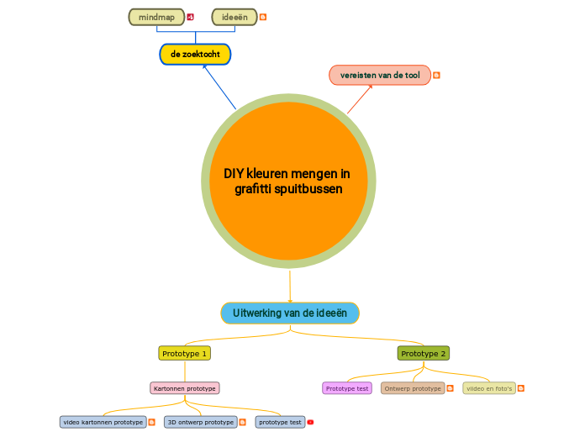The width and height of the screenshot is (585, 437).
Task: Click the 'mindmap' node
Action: [156, 17]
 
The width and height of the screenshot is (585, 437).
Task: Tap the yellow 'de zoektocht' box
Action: [195, 54]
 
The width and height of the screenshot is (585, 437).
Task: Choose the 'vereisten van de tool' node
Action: [380, 75]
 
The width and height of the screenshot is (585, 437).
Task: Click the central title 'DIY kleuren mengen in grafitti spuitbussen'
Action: [288, 182]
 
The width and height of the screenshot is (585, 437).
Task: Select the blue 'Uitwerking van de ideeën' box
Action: [290, 313]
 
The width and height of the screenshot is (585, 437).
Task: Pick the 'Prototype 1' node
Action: [184, 354]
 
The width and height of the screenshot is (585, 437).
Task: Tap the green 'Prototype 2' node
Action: [424, 354]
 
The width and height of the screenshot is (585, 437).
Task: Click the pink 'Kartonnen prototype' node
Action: [184, 388]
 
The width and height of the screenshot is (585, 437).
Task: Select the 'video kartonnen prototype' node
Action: [103, 422]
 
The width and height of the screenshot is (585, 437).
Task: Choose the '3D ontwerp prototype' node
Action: [200, 422]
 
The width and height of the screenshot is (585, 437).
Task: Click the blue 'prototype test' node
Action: [280, 422]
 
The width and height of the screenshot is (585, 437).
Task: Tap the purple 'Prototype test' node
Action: [347, 388]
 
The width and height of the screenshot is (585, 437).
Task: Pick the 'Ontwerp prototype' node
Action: [413, 388]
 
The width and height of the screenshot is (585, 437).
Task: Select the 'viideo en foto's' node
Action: [489, 388]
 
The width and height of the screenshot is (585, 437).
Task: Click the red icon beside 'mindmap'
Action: [191, 17]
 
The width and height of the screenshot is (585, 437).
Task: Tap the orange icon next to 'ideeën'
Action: [263, 17]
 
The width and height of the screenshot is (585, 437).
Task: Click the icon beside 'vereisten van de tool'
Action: [436, 75]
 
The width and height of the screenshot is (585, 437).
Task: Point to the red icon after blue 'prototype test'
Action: [310, 422]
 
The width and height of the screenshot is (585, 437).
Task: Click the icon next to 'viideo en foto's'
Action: [521, 388]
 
